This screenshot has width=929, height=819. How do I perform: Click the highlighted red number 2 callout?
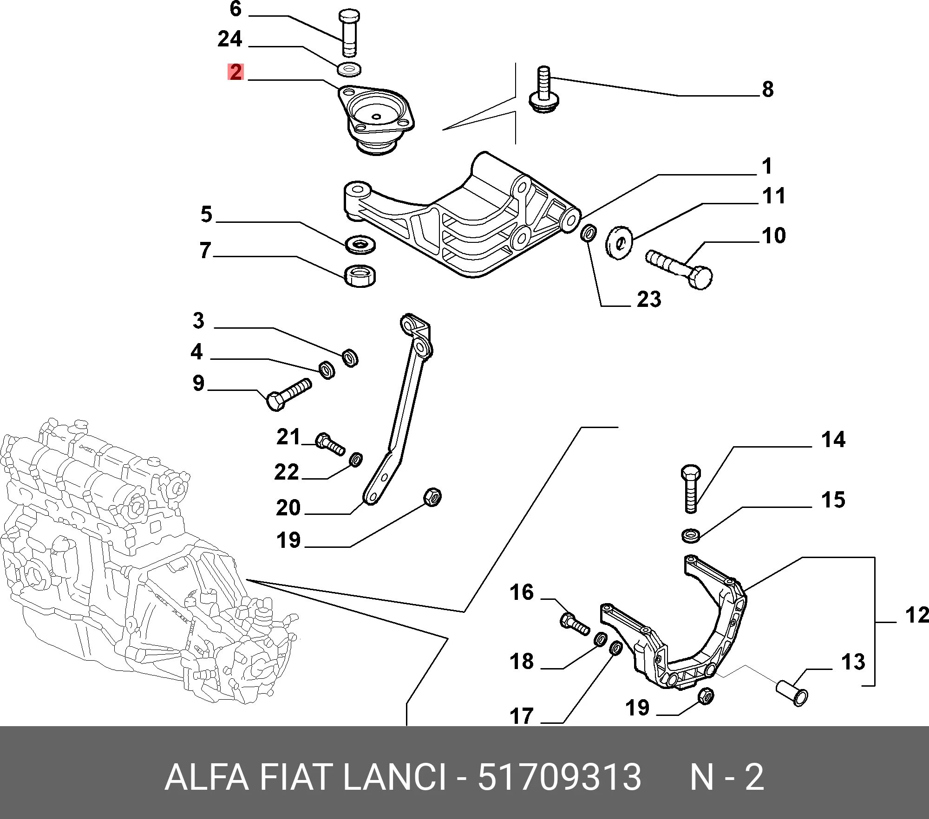(x=236, y=72)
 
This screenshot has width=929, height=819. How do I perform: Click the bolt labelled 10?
(x=679, y=269)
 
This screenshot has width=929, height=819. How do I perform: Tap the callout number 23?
(x=649, y=299)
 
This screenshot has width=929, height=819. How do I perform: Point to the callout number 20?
(x=288, y=507)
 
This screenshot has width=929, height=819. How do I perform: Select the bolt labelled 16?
(x=575, y=624)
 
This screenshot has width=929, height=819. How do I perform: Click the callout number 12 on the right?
(x=916, y=616)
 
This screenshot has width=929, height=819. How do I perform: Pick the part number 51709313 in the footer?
(x=559, y=777)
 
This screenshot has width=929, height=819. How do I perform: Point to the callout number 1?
(x=767, y=166)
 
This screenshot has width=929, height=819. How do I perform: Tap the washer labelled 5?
(x=361, y=245)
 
